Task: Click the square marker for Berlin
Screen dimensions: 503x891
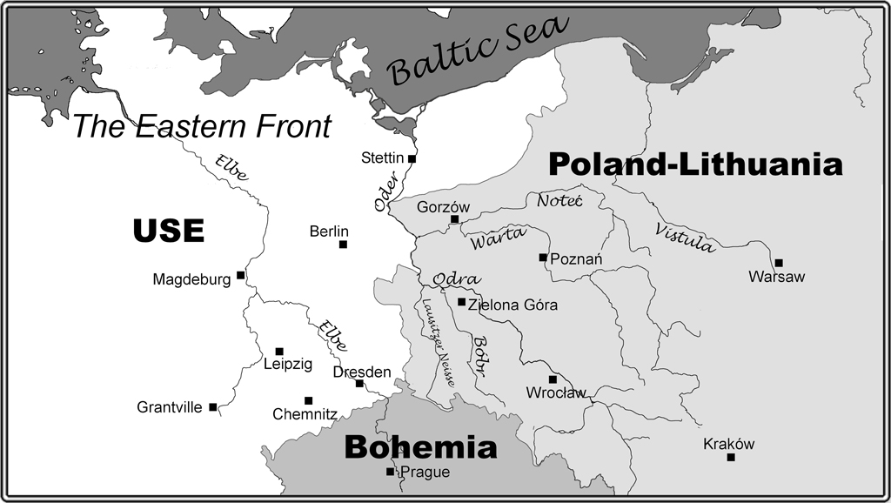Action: point(343,245)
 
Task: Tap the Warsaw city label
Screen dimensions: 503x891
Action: point(776,278)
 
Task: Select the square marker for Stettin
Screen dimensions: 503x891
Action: point(412,159)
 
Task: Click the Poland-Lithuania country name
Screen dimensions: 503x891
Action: point(695,164)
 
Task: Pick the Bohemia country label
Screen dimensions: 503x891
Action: point(421,447)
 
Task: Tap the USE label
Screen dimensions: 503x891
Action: point(169,231)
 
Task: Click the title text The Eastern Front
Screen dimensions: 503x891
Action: point(202,127)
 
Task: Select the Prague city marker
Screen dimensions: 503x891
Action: point(390,473)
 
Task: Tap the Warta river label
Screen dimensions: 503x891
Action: point(498,238)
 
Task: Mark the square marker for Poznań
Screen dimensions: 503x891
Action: point(543,258)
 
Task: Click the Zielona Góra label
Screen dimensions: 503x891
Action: point(512,305)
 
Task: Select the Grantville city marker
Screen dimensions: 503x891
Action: point(212,406)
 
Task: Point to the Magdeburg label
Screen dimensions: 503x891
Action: point(191,279)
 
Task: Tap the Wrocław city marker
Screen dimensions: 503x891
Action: point(553,379)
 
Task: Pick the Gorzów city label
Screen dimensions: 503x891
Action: point(443,207)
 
